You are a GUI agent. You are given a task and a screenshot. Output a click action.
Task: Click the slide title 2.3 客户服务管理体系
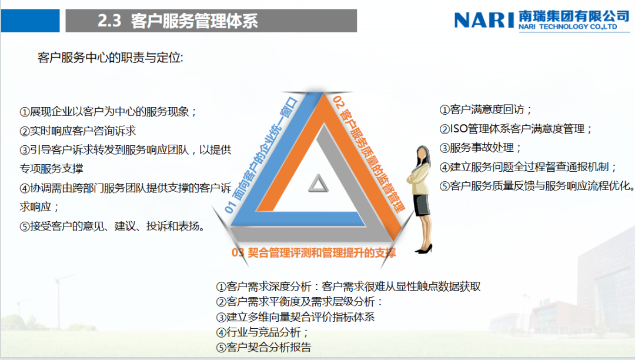(x=178, y=22)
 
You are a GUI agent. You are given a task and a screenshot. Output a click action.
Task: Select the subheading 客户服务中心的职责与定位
(x=111, y=58)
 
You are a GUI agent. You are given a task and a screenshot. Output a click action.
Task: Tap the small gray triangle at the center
(x=317, y=184)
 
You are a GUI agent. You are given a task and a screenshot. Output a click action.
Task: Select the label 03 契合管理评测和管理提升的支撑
(x=314, y=254)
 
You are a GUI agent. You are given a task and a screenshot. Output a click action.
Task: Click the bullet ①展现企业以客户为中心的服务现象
(x=108, y=112)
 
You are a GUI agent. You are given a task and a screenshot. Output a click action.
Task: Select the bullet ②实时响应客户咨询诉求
(x=78, y=131)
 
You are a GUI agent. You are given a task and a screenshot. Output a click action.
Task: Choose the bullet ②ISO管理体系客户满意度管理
(x=516, y=129)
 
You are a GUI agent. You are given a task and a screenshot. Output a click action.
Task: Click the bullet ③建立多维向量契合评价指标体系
(x=295, y=316)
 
